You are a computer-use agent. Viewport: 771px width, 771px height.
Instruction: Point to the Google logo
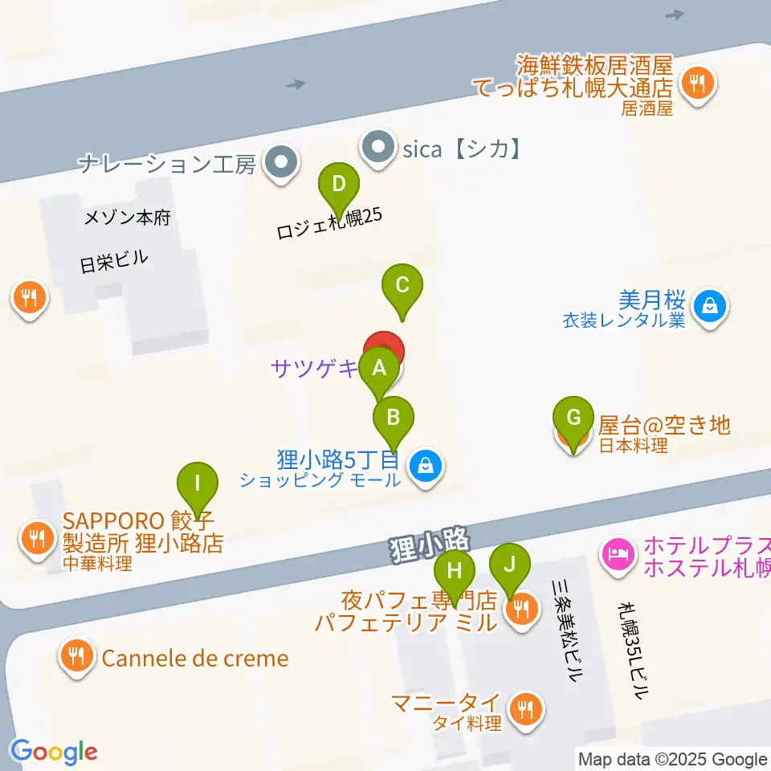(x=54, y=752)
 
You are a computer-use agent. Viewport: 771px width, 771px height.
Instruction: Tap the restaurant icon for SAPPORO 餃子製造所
(x=35, y=537)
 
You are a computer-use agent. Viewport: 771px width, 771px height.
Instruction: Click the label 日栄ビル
(x=114, y=261)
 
